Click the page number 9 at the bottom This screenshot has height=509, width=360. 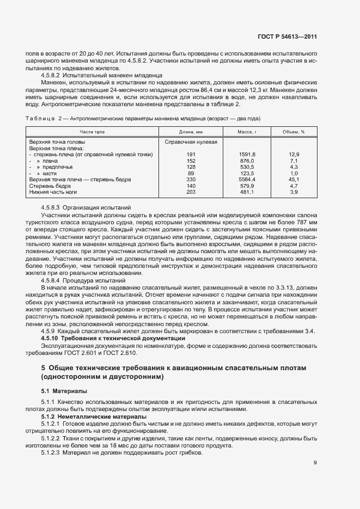tap(315, 463)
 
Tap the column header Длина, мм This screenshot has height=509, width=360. tap(191, 132)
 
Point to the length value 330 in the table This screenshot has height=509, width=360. tap(191, 180)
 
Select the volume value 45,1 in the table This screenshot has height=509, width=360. tap(294, 180)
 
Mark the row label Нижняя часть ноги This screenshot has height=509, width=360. tap(53, 192)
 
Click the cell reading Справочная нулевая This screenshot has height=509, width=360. tap(191, 142)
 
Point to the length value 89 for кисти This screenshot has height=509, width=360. tap(191, 173)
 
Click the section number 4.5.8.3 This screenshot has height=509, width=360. tap(51, 208)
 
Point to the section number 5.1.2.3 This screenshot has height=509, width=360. tap(53, 453)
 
